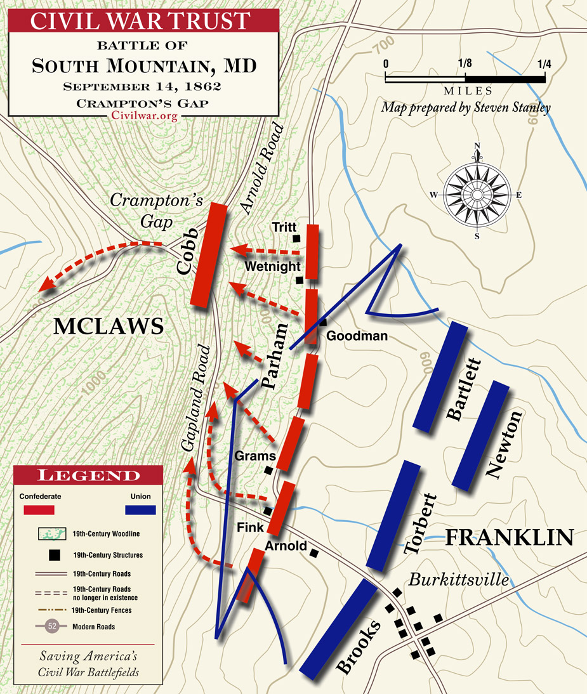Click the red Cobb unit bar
209,256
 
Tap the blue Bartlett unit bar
440,376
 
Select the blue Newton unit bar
481,435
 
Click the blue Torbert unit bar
393,516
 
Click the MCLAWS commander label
109,326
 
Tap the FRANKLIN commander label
509,537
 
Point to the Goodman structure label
357,336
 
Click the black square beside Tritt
296,238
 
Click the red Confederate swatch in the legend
39,509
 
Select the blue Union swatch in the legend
140,509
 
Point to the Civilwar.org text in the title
143,115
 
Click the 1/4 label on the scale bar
544,64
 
